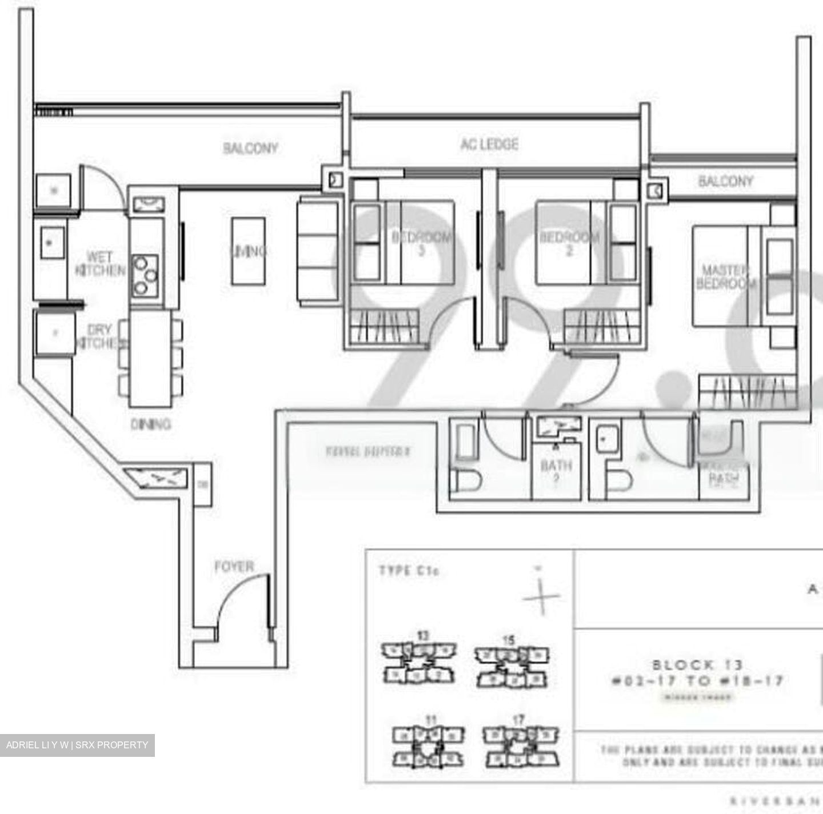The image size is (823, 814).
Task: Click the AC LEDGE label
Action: coord(490,144)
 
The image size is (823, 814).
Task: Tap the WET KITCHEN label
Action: coord(100,263)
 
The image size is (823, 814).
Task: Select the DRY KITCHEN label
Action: coord(101,336)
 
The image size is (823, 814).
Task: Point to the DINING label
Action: coord(150,424)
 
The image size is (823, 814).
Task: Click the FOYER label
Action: coord(234,566)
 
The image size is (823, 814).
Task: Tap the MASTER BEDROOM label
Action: coord(725,277)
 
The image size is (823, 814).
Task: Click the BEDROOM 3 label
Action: coord(422,243)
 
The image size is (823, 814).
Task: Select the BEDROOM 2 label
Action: coord(569,243)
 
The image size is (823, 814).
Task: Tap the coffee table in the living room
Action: coord(248,251)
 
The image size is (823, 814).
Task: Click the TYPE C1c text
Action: coord(409,570)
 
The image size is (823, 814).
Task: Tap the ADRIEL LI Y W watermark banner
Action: coord(77,745)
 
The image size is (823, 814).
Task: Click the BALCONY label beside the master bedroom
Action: coord(725,182)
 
